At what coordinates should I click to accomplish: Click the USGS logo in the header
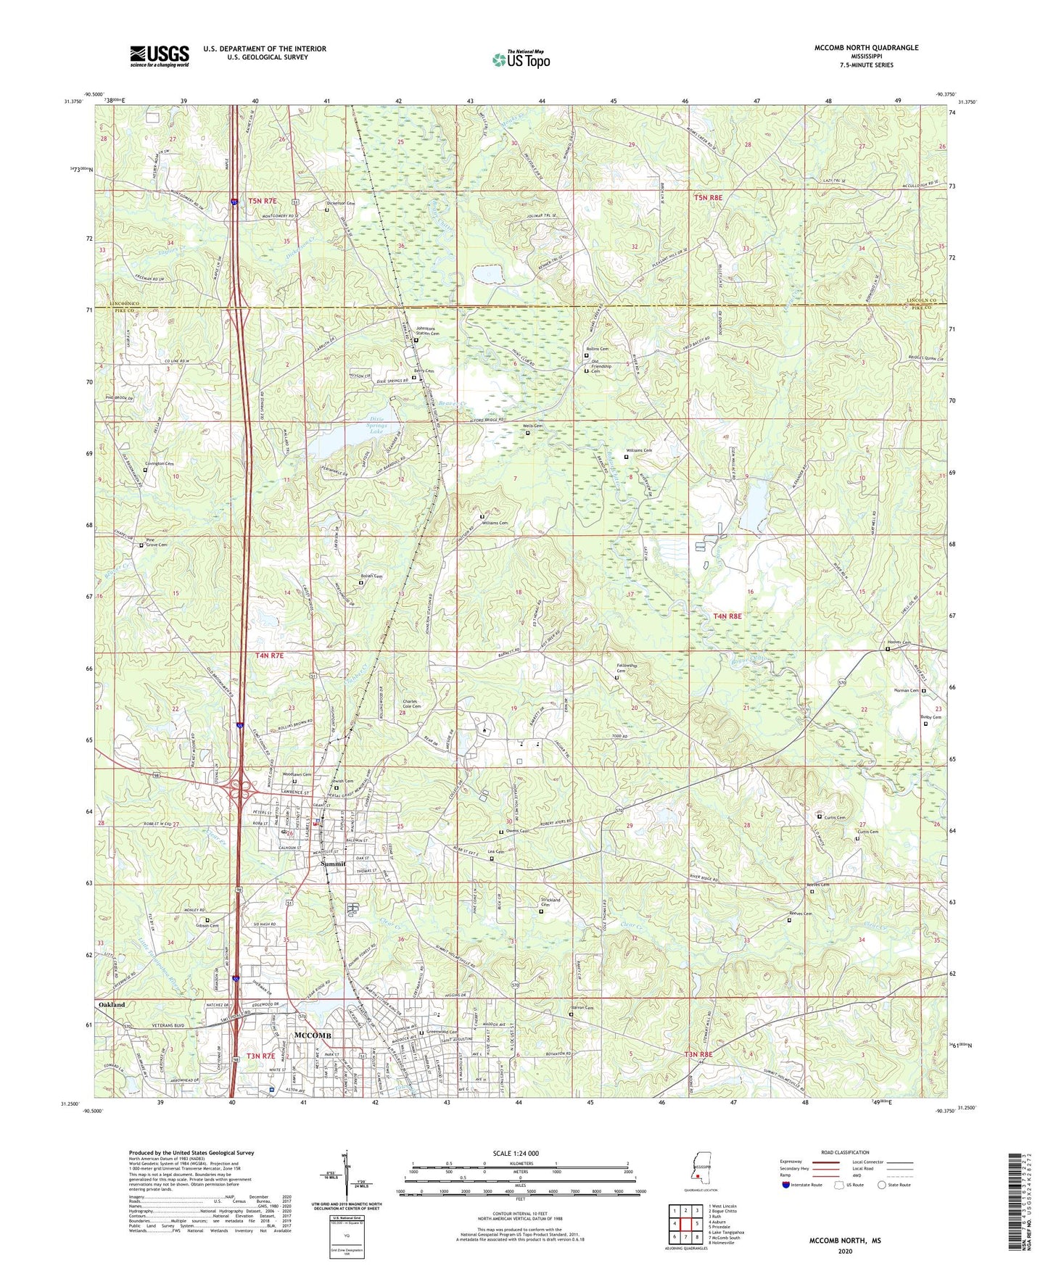pyautogui.click(x=159, y=56)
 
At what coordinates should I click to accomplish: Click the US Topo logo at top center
pyautogui.click(x=521, y=59)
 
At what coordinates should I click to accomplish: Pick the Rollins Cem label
pyautogui.click(x=598, y=349)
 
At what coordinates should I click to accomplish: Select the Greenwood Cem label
pyautogui.click(x=442, y=1032)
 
